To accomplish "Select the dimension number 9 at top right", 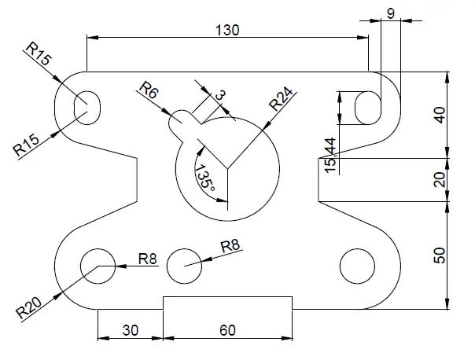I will tap(390, 13).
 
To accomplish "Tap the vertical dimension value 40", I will tap(440, 115).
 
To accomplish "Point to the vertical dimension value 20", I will tap(440, 180).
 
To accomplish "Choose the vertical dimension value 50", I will tap(440, 255).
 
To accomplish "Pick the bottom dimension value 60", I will tap(226, 330).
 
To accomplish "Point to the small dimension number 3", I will tap(220, 95).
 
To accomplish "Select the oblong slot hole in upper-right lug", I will tap(367, 107).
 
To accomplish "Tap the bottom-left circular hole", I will tap(99, 265).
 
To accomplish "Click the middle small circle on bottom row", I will tap(184, 265).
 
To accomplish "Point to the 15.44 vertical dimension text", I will tap(331, 155).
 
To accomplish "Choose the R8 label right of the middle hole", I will tap(230, 246).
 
